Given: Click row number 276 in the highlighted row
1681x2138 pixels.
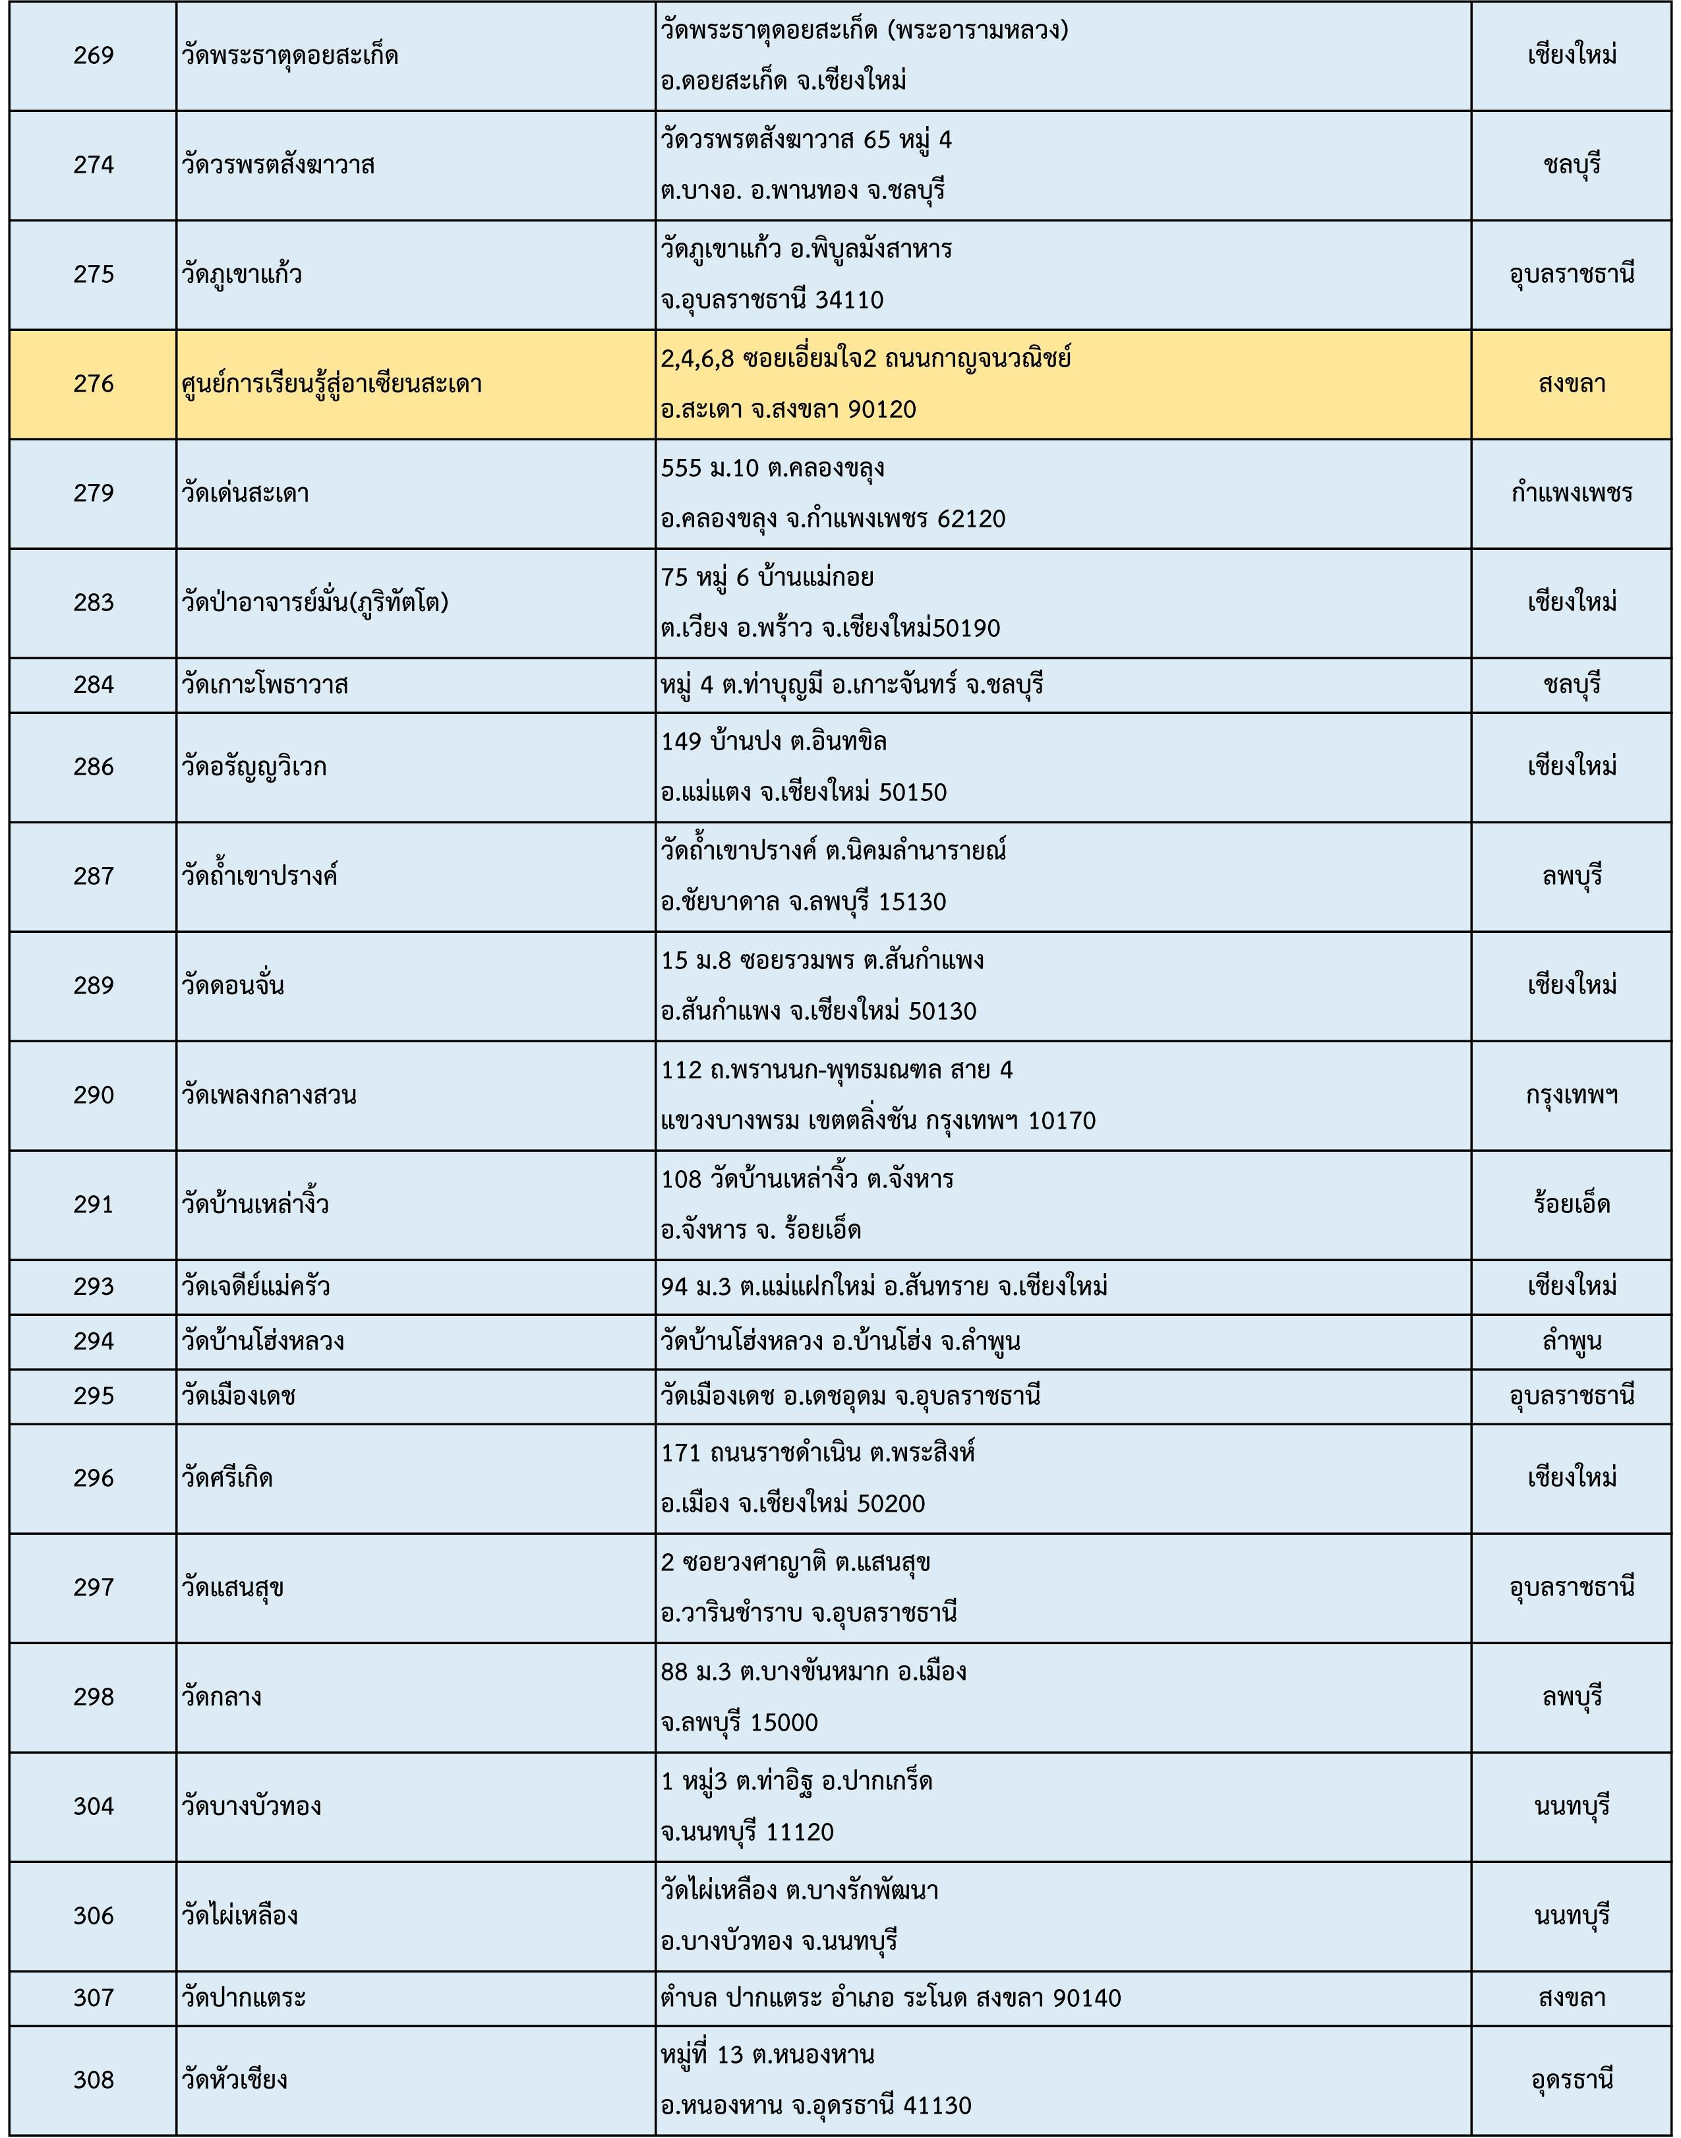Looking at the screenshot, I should tap(94, 384).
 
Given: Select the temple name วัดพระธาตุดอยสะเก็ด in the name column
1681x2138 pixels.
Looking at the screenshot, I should tap(289, 56).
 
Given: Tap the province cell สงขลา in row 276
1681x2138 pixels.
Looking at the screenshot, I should tap(1571, 384).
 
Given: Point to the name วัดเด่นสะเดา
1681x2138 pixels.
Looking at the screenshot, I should tap(245, 493).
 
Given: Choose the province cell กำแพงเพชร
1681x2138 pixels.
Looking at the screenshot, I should tap(1571, 493).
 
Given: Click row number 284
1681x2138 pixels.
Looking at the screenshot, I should tap(94, 685).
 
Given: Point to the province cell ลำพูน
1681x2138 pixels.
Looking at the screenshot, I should tap(1571, 1342).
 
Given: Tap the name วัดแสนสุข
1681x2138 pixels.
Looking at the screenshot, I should tap(233, 1588).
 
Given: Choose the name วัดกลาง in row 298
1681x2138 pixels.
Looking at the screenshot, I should tap(221, 1697).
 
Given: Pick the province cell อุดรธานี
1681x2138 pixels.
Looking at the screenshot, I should tap(1571, 2080).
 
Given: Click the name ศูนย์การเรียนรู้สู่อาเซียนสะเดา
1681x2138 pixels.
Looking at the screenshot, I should tap(332, 384).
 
